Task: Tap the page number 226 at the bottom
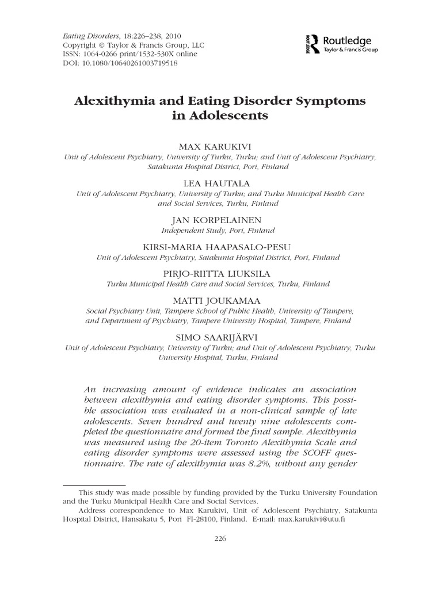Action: [221, 538]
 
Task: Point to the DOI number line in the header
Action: [120, 63]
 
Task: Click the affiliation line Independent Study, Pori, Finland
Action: [221, 231]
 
